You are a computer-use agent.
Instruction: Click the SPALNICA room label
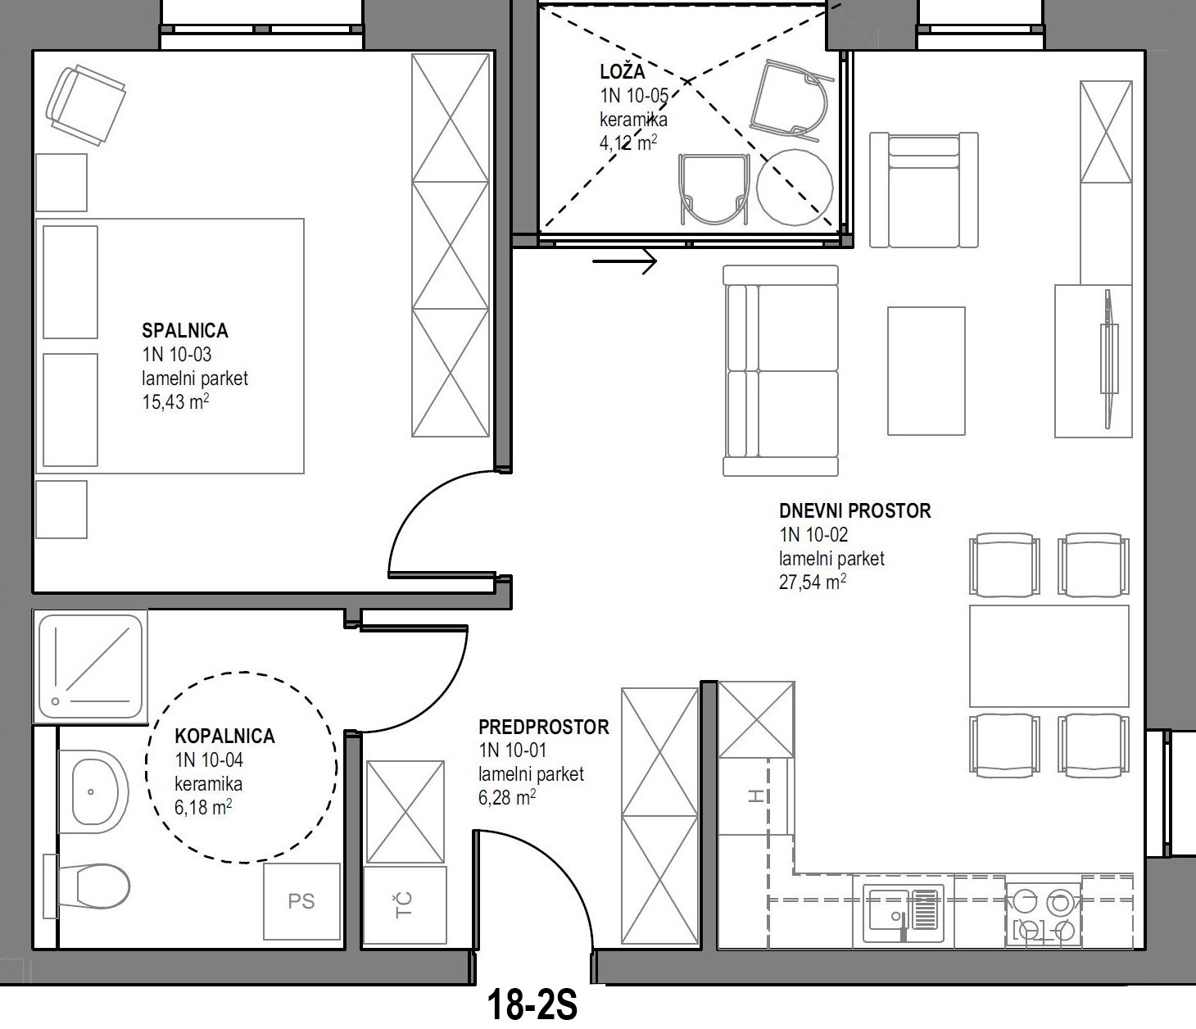(x=185, y=330)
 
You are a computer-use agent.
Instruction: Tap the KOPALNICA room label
(x=224, y=737)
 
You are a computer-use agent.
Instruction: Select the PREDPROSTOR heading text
(x=544, y=727)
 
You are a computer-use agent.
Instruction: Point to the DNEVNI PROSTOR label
(x=855, y=511)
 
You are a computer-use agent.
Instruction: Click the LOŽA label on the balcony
(x=623, y=72)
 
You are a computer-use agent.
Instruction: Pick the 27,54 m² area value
(x=813, y=581)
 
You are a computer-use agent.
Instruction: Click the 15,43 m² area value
(x=175, y=401)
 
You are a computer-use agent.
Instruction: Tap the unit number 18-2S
(x=532, y=1006)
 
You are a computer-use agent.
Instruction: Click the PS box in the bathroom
(x=301, y=902)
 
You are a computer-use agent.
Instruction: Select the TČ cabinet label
(x=404, y=905)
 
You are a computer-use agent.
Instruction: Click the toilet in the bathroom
(x=87, y=886)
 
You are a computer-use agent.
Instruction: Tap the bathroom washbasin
(x=93, y=791)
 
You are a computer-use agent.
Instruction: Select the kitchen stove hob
(x=1044, y=916)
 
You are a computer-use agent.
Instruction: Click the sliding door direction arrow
(x=625, y=261)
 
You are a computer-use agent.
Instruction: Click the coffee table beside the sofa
(x=926, y=371)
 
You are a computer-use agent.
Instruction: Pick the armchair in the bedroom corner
(x=86, y=105)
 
